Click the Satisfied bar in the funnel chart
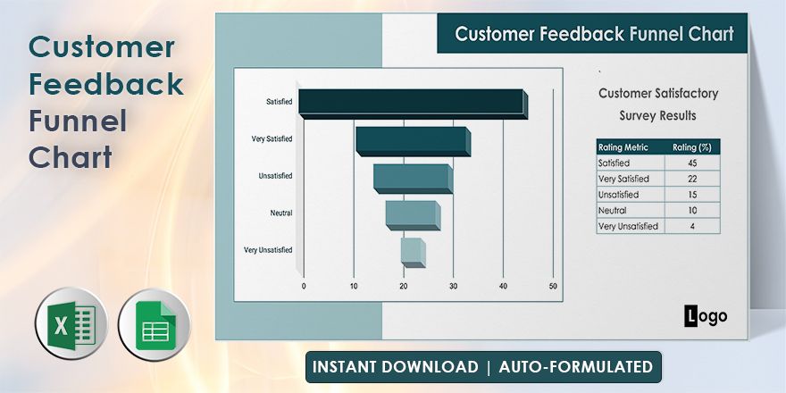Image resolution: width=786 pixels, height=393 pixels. pyautogui.click(x=412, y=103)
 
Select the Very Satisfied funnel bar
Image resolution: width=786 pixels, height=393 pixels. pyautogui.click(x=412, y=141)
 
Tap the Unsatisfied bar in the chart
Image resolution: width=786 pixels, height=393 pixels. pyautogui.click(x=412, y=178)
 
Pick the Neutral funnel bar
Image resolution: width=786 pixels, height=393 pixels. pyautogui.click(x=412, y=214)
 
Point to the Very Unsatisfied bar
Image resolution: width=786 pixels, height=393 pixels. pyautogui.click(x=412, y=251)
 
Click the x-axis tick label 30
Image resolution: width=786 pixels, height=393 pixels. pyautogui.click(x=454, y=286)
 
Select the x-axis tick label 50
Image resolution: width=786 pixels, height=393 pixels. pyautogui.click(x=553, y=286)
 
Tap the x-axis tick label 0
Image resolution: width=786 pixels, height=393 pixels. pyautogui.click(x=304, y=286)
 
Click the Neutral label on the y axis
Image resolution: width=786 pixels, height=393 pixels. pyautogui.click(x=280, y=213)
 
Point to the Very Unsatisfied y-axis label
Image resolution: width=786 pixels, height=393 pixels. pyautogui.click(x=268, y=250)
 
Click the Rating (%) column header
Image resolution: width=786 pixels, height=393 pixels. pyautogui.click(x=691, y=147)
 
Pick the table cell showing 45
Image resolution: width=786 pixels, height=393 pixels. pyautogui.click(x=691, y=163)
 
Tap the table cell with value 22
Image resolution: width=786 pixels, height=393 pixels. pyautogui.click(x=691, y=179)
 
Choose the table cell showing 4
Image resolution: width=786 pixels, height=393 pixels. pyautogui.click(x=691, y=226)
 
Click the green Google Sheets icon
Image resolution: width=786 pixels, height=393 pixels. pyautogui.click(x=154, y=325)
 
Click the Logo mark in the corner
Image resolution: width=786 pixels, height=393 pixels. pyautogui.click(x=706, y=315)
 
